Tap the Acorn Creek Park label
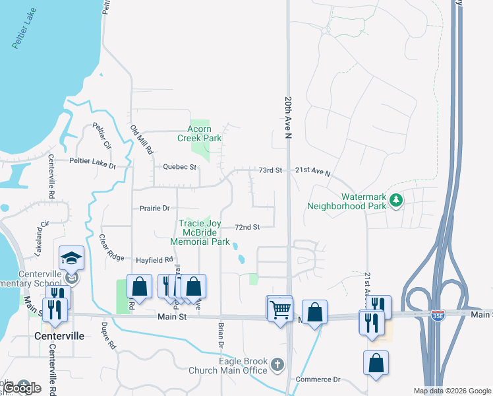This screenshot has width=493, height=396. pos(199,133)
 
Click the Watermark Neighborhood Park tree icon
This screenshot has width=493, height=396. pos(395,199)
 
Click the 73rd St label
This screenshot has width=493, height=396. pos(270,170)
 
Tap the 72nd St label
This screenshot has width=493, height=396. pos(247,227)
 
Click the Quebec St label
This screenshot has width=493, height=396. pos(180,167)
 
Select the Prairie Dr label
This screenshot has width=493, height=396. pos(155,209)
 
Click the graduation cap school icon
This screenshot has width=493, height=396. pos(71,258)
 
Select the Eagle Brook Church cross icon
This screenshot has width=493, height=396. pos(277,364)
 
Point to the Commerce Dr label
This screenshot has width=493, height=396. pos(318,379)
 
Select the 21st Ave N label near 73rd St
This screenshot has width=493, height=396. pos(312,171)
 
